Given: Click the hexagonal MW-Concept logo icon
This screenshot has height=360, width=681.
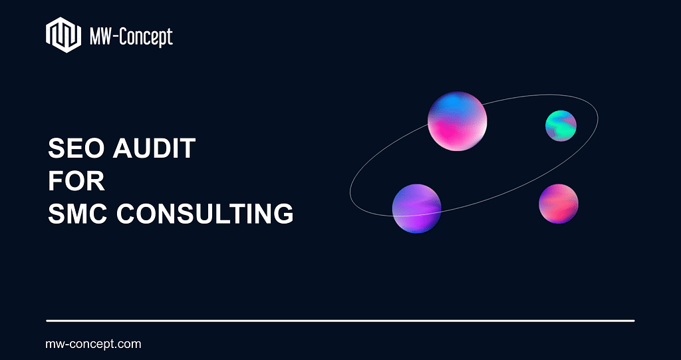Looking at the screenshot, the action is coord(63,35).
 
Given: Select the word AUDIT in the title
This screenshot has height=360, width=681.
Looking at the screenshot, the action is coord(154,148).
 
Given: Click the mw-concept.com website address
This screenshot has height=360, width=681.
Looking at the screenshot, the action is coord(93,344).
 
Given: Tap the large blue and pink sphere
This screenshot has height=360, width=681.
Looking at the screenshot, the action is coord(458,121).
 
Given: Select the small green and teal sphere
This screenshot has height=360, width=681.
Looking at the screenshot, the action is coord(561,126).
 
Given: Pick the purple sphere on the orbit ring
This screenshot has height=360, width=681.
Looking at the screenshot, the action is coord(417,209).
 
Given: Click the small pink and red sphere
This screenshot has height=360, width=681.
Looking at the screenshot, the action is coord(559,204).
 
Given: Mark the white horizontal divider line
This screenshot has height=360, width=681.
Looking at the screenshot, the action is coord(340,321).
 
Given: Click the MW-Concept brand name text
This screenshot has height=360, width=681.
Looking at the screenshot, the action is coord(131,37).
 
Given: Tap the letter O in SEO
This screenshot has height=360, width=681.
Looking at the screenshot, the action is coord(94,148).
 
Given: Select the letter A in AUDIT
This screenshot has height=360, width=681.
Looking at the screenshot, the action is coord(123,148).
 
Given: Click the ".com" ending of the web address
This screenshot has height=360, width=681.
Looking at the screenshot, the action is coord(129,344).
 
